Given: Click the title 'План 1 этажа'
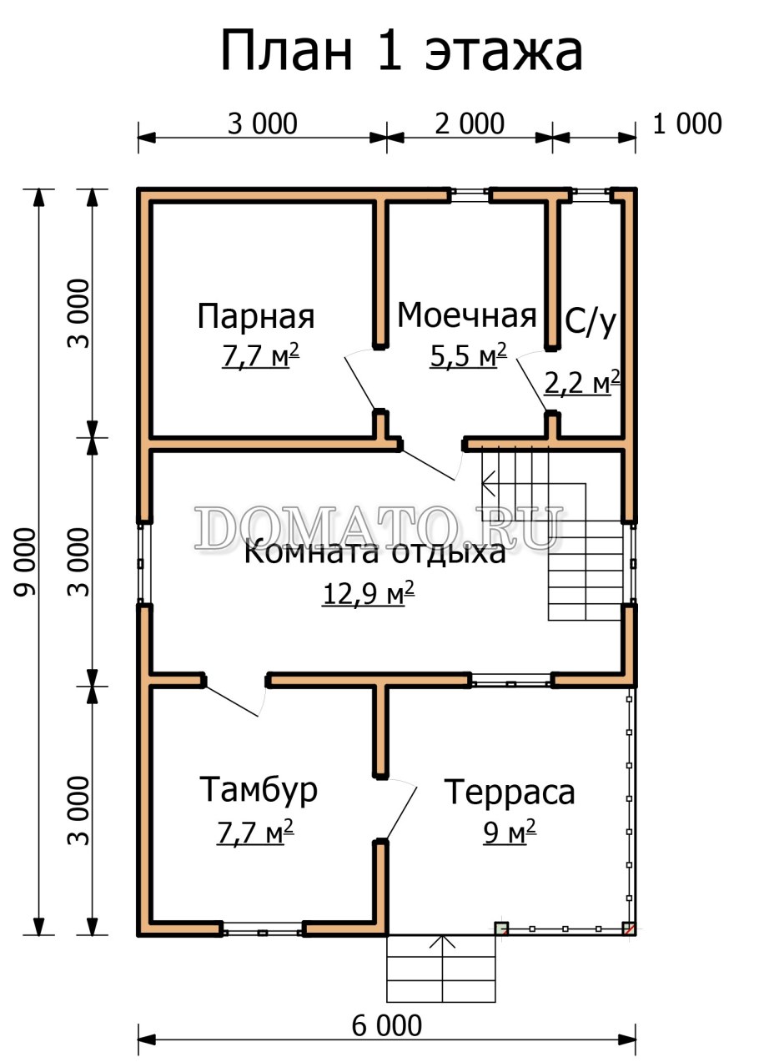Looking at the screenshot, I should click(401, 52).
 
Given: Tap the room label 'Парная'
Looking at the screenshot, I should click(256, 317).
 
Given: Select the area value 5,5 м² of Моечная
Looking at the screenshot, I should click(468, 356).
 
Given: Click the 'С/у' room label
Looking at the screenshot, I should click(591, 322).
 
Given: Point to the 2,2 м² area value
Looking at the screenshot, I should click(582, 383).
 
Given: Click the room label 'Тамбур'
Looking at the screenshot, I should click(259, 789).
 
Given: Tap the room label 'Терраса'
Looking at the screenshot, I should click(509, 792).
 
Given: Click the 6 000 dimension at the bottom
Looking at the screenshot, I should click(386, 1025).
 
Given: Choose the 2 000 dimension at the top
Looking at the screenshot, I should click(470, 124).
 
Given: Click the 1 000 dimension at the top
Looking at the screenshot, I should click(686, 124).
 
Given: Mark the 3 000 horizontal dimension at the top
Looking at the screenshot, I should click(262, 124).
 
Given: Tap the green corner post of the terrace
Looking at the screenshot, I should click(501, 928).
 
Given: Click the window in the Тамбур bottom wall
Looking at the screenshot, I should click(262, 929).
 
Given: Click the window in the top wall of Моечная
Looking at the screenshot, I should click(470, 195).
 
